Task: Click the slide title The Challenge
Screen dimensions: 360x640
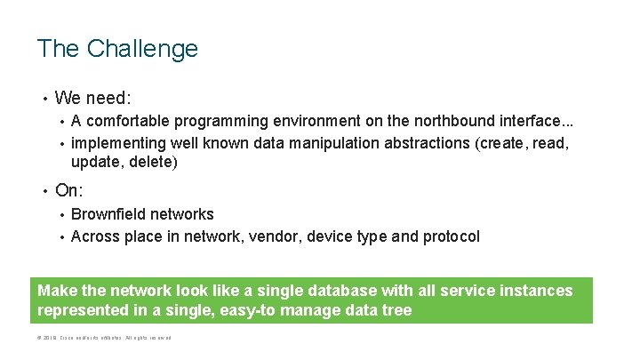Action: click(x=117, y=48)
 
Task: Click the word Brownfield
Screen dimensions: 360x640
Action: click(x=108, y=214)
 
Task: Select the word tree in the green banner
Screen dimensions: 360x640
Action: click(x=396, y=311)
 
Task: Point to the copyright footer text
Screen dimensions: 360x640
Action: click(x=103, y=338)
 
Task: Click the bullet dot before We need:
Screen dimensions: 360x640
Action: click(x=42, y=97)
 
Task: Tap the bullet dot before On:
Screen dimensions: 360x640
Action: click(x=42, y=189)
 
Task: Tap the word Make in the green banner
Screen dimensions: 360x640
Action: click(x=58, y=291)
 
